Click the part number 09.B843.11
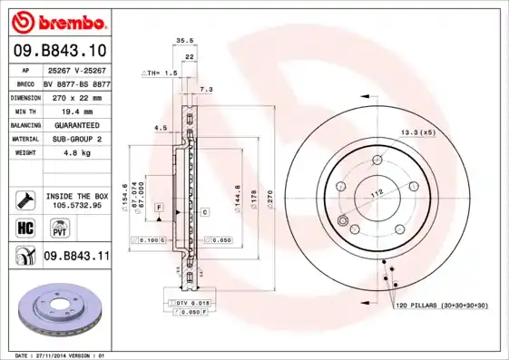(x=75, y=257)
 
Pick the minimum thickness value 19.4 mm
(x=75, y=110)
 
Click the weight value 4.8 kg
(x=75, y=153)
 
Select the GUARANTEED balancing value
(x=75, y=124)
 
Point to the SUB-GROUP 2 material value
(x=75, y=139)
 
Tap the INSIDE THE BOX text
(x=75, y=196)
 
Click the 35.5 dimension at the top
(x=185, y=41)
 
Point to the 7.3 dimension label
(x=205, y=90)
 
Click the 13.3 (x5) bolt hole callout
(x=417, y=133)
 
